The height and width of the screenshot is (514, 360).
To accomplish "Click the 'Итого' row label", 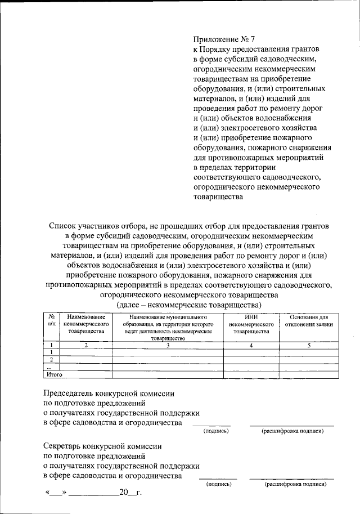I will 54,373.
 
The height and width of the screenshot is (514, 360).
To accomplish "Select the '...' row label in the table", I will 52,366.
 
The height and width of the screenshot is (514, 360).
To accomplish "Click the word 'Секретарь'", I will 65,445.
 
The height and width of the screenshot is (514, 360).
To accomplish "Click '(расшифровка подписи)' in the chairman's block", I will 292,431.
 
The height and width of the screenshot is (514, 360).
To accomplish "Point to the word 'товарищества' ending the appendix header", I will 218,197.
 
